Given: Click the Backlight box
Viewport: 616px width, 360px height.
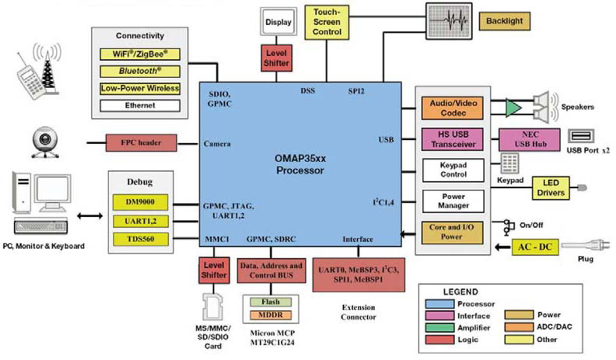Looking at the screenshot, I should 504,21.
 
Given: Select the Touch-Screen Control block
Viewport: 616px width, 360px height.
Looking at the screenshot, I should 326,22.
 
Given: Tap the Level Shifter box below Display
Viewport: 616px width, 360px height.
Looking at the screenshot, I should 276,57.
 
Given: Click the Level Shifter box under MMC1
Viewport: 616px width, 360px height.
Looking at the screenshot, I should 214,270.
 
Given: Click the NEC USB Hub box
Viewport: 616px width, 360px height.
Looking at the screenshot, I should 529,140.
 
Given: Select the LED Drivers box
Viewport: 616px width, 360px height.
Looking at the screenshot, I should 550,188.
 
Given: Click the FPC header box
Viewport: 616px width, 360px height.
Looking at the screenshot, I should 141,143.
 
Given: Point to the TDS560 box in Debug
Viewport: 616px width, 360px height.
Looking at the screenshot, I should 140,239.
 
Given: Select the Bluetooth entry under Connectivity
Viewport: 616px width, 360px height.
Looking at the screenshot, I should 140,72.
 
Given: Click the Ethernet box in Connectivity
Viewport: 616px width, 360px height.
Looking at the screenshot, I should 140,105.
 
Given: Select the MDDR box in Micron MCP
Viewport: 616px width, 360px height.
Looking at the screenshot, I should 270,315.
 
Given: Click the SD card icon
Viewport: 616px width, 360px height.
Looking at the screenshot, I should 213,304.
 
